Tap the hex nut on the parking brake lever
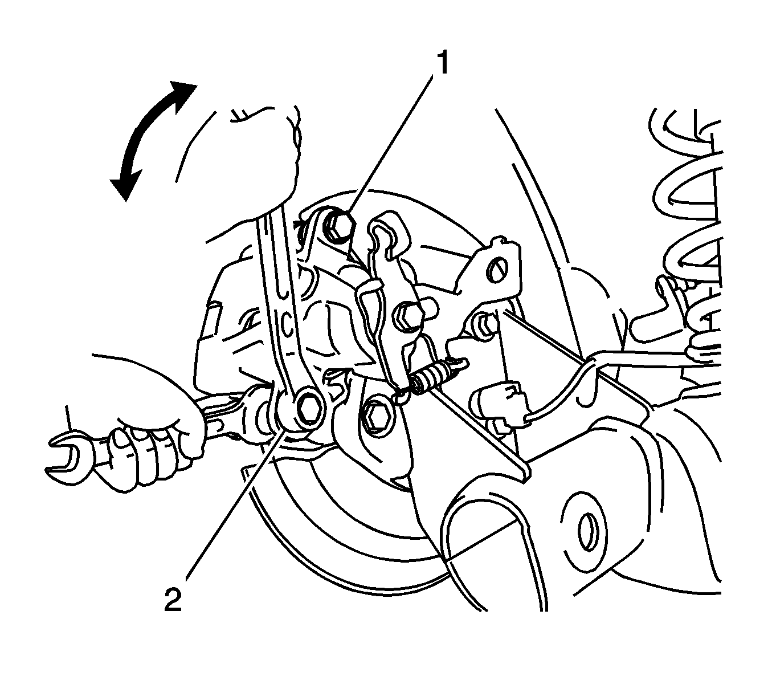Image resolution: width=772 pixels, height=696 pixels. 409,315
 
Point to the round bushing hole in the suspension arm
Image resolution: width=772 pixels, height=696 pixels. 587,530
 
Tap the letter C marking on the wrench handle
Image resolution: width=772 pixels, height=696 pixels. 288,325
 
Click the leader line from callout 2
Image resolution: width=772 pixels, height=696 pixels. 228,513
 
